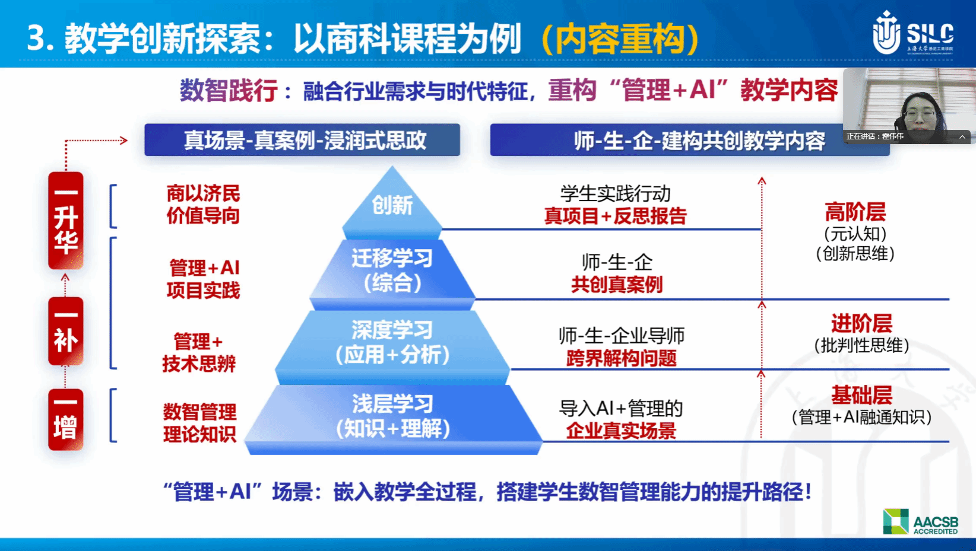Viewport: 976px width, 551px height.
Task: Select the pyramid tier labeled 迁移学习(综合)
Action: (392, 270)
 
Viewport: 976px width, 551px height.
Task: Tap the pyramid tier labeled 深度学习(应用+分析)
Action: (392, 343)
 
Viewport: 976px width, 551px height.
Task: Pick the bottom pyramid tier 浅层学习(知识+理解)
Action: (393, 416)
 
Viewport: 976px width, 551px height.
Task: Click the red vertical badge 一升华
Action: (65, 221)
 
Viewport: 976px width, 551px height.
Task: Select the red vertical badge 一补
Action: (65, 331)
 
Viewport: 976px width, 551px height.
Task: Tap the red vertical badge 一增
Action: (65, 419)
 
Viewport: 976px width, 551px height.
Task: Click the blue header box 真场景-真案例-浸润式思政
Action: (302, 140)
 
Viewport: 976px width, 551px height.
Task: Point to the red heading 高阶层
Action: (855, 212)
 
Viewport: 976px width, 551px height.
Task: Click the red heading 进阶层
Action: (861, 324)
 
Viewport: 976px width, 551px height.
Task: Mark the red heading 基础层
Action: (861, 395)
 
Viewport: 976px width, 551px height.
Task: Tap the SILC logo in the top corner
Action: (912, 33)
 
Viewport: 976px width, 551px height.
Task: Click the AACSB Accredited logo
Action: (920, 521)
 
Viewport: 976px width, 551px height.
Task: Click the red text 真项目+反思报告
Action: (615, 216)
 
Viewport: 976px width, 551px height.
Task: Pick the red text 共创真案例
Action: (617, 285)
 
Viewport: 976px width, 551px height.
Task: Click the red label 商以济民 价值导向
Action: (203, 205)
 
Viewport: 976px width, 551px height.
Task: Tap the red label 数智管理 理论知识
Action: (199, 423)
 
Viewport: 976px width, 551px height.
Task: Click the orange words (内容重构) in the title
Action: (620, 39)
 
